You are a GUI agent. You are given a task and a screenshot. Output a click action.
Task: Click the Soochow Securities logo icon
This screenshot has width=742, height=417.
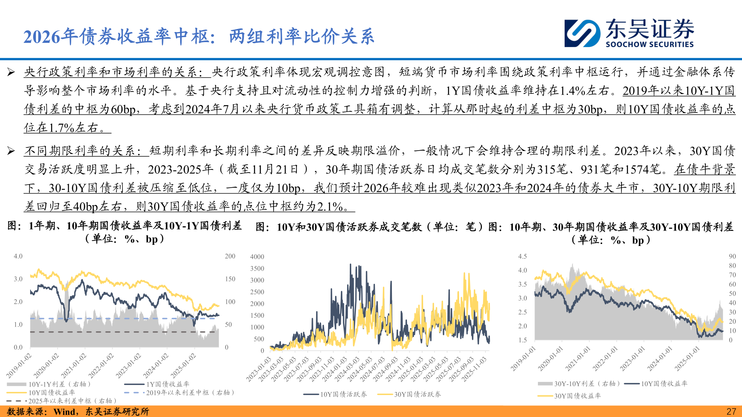(582, 34)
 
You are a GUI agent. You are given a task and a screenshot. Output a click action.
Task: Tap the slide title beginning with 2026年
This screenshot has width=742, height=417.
(199, 37)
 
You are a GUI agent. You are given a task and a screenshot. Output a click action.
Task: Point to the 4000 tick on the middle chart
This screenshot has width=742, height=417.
(257, 257)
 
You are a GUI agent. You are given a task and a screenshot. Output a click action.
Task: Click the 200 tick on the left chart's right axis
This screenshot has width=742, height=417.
(230, 256)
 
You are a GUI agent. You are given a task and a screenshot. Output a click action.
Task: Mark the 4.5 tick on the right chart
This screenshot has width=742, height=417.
(522, 256)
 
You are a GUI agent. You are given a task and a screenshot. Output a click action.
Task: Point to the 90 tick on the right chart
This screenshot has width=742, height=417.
(732, 256)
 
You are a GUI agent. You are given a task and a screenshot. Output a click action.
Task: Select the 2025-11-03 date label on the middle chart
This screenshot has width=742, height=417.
(475, 369)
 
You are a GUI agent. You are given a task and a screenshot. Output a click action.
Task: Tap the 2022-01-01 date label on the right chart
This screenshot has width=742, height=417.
(605, 359)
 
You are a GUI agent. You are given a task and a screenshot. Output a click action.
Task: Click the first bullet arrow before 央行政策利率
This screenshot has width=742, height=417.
(11, 72)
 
